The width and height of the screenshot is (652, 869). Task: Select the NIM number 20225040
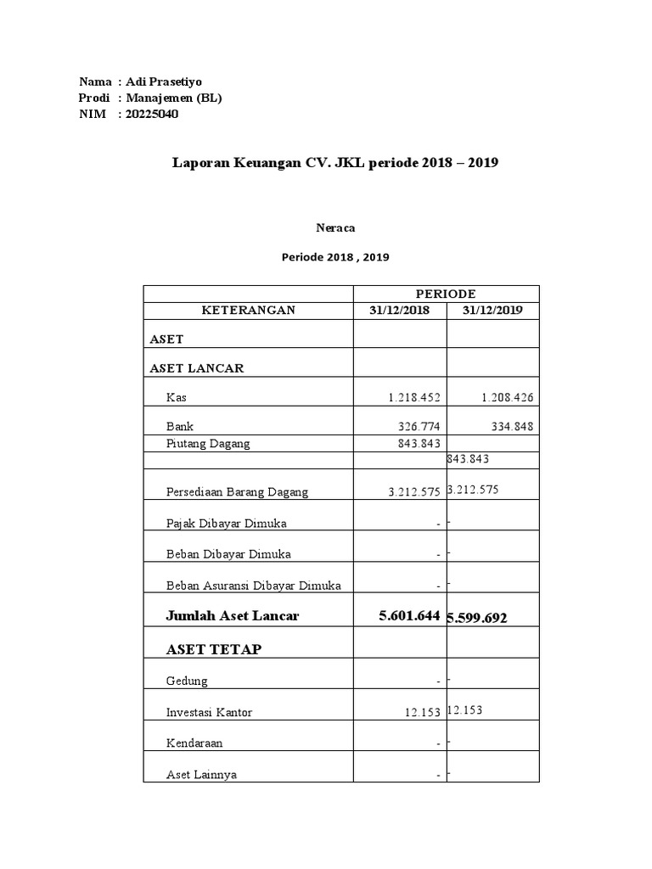click(152, 115)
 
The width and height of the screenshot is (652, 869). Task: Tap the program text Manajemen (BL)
click(173, 98)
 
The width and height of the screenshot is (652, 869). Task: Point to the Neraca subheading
click(334, 227)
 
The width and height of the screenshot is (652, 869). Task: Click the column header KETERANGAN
click(248, 311)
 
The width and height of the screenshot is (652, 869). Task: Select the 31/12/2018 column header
click(399, 311)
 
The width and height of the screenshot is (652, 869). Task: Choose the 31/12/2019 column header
click(492, 311)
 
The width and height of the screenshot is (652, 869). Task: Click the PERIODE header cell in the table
click(446, 294)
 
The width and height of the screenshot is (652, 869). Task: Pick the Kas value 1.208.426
click(506, 397)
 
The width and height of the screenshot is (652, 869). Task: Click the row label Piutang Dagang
click(208, 443)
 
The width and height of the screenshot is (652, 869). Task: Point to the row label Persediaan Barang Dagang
click(237, 492)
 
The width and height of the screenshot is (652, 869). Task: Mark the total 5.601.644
click(409, 616)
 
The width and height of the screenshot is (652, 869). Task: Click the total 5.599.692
click(479, 619)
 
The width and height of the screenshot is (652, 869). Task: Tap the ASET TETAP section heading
click(214, 649)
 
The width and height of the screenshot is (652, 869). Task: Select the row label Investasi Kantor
click(210, 712)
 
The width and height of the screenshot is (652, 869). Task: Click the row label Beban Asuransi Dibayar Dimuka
click(253, 586)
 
